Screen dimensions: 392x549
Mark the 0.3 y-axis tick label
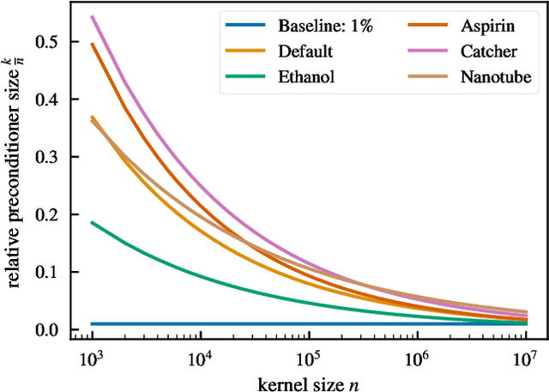pyautogui.click(x=45, y=156)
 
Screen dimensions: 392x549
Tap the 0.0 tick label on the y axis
pyautogui.click(x=45, y=330)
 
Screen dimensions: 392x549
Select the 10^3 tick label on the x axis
pyautogui.click(x=92, y=356)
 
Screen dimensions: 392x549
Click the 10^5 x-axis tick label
pyautogui.click(x=309, y=356)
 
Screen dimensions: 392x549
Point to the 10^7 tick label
pyautogui.click(x=525, y=356)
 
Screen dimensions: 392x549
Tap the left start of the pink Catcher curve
pyautogui.click(x=92, y=16)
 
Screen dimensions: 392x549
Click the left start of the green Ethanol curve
pyautogui.click(x=92, y=222)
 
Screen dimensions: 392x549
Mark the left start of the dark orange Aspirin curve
pyautogui.click(x=92, y=43)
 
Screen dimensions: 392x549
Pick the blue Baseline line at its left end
pyautogui.click(x=92, y=324)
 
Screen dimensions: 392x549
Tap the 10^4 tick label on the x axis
pyautogui.click(x=200, y=356)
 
